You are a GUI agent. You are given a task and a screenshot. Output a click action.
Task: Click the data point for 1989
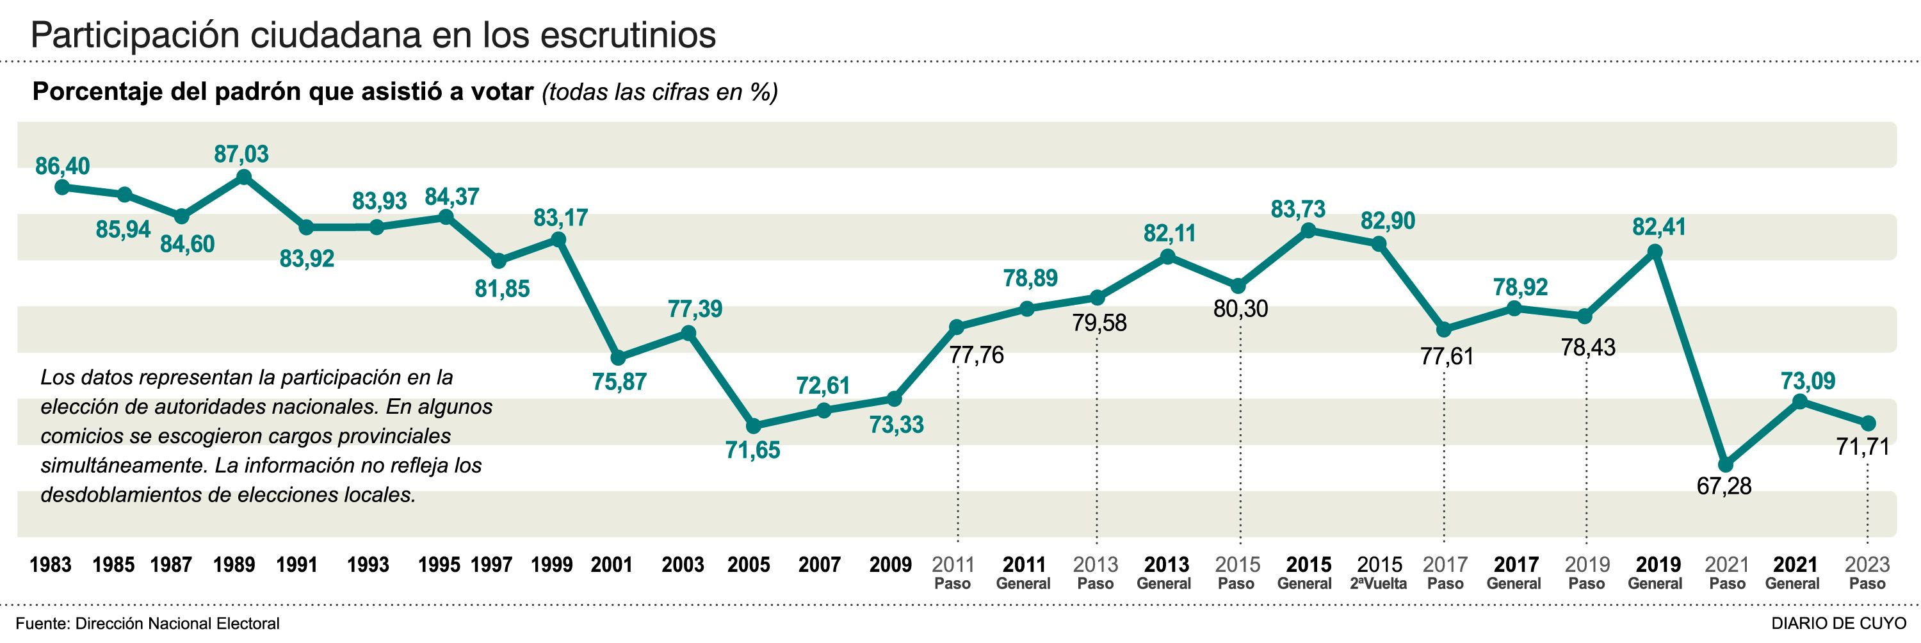point(243,177)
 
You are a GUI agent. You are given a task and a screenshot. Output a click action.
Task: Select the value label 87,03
point(241,154)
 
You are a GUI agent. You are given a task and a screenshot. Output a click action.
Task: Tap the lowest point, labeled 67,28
point(1725,465)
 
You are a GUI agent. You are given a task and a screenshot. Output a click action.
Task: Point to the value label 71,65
point(752,450)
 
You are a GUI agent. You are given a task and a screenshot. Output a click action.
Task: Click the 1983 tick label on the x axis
point(50,565)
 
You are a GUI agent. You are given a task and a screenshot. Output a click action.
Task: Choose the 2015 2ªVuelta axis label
point(1379,573)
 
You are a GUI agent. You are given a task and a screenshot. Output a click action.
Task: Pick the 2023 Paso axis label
point(1867,573)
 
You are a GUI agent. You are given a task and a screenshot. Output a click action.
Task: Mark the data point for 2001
point(617,358)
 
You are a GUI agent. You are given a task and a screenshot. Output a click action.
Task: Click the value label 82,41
point(1658,227)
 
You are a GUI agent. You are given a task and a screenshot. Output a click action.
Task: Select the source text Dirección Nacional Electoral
point(177,624)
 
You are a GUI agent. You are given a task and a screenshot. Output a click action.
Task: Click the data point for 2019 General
point(1655,252)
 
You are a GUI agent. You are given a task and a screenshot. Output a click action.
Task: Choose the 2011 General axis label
point(1023,573)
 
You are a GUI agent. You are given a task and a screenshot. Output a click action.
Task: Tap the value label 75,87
point(619,382)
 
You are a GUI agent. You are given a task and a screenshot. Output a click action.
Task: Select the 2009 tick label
point(891,565)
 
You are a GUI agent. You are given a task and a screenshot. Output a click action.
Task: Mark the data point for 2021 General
point(1799,402)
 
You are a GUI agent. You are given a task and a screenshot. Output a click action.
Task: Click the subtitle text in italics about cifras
point(660,92)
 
